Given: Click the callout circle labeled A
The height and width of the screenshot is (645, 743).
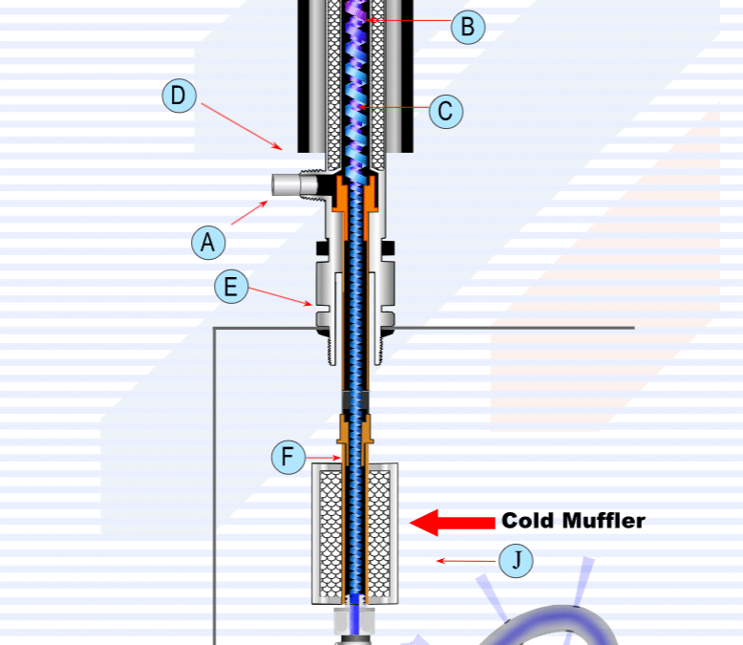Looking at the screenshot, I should coord(207,242).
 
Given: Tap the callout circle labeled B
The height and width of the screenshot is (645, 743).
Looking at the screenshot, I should coord(467,27).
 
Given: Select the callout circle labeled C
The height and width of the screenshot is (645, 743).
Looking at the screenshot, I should coord(445,111).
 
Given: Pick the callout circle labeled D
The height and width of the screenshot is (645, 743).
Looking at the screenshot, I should coord(179,96).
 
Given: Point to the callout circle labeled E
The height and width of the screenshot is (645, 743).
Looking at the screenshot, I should coord(231,287).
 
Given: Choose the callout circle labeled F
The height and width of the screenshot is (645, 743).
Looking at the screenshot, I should coord(287,458).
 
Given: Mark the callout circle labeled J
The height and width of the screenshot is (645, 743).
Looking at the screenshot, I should coord(517,560).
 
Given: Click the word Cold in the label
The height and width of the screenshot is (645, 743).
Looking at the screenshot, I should coord(529,521).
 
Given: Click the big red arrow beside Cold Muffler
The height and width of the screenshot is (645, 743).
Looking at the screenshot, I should coord(450,522).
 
